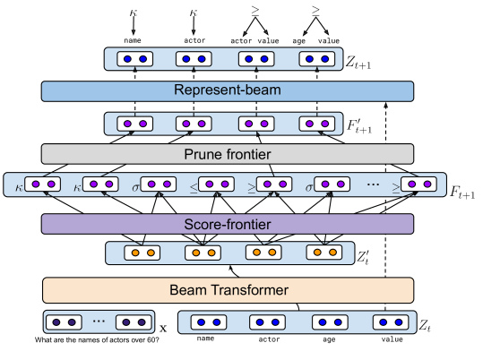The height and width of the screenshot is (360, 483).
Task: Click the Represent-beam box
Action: click(228, 91)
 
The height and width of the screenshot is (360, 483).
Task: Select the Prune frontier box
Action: click(228, 154)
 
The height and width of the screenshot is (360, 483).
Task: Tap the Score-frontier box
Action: click(228, 224)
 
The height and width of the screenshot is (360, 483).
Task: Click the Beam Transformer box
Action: click(228, 290)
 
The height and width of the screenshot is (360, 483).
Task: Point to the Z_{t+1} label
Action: click(358, 63)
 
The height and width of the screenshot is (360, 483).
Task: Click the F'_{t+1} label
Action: click(359, 126)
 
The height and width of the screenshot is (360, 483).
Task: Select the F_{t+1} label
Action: click(462, 193)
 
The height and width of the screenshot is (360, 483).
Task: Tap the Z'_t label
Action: click(363, 257)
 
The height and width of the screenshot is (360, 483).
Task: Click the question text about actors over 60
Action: click(97, 340)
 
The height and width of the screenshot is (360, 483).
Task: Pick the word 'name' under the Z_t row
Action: click(205, 339)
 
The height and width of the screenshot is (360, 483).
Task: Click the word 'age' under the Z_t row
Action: click(329, 339)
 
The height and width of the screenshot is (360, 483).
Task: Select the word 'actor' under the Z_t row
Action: click(269, 339)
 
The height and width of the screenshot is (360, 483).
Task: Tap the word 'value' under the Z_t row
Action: click(392, 339)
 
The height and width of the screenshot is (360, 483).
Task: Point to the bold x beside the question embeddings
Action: click(163, 329)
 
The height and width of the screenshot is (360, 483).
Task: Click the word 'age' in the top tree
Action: click(298, 41)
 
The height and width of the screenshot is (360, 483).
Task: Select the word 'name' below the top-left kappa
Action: click(133, 40)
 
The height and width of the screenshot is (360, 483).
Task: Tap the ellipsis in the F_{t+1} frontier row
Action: click(373, 184)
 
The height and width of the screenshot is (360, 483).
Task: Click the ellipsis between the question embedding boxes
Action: click(99, 321)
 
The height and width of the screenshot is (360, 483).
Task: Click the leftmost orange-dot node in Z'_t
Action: click(142, 253)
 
